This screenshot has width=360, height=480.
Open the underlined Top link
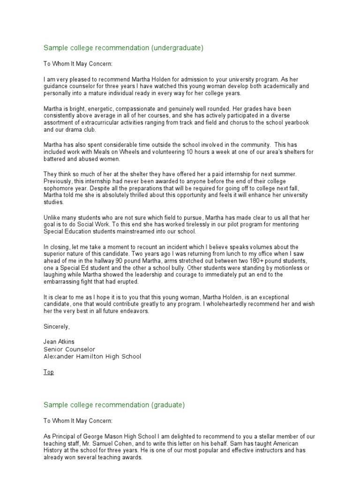click(x=49, y=372)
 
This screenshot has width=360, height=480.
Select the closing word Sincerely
click(x=57, y=327)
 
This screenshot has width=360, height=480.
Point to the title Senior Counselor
click(x=69, y=349)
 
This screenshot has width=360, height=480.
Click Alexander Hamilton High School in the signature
click(x=92, y=356)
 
